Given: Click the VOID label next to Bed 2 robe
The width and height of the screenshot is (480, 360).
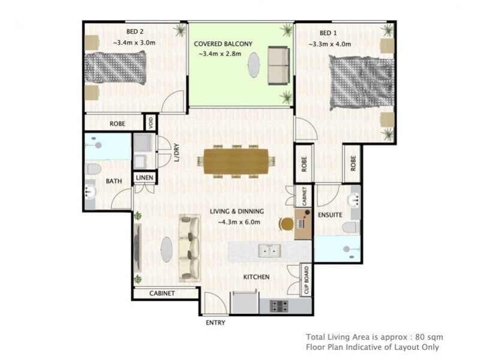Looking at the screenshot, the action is click(x=151, y=123).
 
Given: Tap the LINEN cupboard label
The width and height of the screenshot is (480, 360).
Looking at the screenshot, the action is click(x=145, y=178).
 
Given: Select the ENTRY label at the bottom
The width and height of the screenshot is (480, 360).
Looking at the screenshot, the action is click(x=215, y=323).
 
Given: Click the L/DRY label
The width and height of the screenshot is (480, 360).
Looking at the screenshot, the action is click(x=176, y=152).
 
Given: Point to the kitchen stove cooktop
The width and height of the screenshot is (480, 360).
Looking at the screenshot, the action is click(x=279, y=306).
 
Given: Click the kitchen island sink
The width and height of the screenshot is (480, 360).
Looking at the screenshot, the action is click(x=269, y=251).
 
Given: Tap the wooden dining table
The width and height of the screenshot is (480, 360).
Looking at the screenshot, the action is click(x=236, y=161).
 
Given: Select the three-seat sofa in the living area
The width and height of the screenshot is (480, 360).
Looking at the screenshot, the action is click(x=190, y=248).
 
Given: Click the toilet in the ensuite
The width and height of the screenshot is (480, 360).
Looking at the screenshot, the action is click(x=351, y=228).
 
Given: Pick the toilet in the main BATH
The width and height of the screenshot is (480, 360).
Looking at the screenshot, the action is click(x=93, y=169).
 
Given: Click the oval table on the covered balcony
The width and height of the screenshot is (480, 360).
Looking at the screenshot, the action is click(x=254, y=65).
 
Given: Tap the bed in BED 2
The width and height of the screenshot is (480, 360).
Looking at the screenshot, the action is click(x=115, y=68).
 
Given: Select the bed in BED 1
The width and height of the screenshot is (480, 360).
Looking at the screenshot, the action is click(x=361, y=83).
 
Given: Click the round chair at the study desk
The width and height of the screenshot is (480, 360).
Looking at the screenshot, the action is click(x=286, y=224).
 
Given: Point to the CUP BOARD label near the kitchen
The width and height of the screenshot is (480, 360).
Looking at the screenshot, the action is click(x=307, y=280).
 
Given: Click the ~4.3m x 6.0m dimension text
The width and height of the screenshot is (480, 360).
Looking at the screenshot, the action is click(x=239, y=222).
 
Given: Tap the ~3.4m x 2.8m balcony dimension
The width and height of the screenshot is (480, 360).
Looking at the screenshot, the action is click(x=220, y=54).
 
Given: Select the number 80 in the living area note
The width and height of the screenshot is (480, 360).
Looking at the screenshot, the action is click(x=419, y=337).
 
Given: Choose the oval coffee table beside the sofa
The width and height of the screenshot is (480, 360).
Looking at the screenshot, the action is click(x=167, y=250).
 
